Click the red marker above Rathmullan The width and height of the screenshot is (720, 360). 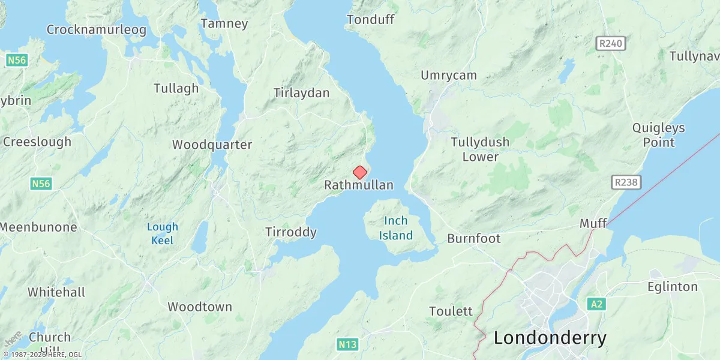pyautogui.click(x=359, y=173)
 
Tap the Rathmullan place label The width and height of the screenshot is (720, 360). pyautogui.click(x=359, y=185)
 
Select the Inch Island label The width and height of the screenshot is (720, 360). pyautogui.click(x=396, y=228)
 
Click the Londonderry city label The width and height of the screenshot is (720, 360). pyautogui.click(x=550, y=338)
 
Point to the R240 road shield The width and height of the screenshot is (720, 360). pyautogui.click(x=611, y=43)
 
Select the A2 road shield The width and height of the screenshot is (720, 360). pyautogui.click(x=596, y=304)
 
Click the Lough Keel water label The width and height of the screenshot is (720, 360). pyautogui.click(x=162, y=233)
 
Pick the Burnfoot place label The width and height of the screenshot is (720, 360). pyautogui.click(x=473, y=239)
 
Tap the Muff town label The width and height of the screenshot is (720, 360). pyautogui.click(x=593, y=224)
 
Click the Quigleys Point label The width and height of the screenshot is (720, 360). pyautogui.click(x=658, y=135)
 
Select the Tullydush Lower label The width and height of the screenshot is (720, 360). pyautogui.click(x=480, y=149)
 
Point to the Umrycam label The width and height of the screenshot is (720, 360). pyautogui.click(x=449, y=76)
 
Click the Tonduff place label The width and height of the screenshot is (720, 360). pyautogui.click(x=370, y=20)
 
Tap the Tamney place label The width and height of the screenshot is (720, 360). pyautogui.click(x=224, y=24)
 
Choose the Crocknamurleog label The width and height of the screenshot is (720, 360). pyautogui.click(x=96, y=30)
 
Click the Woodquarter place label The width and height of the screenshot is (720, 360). pyautogui.click(x=212, y=145)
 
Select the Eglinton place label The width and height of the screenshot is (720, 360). pyautogui.click(x=673, y=287)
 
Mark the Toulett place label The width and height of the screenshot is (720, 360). pyautogui.click(x=451, y=311)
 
